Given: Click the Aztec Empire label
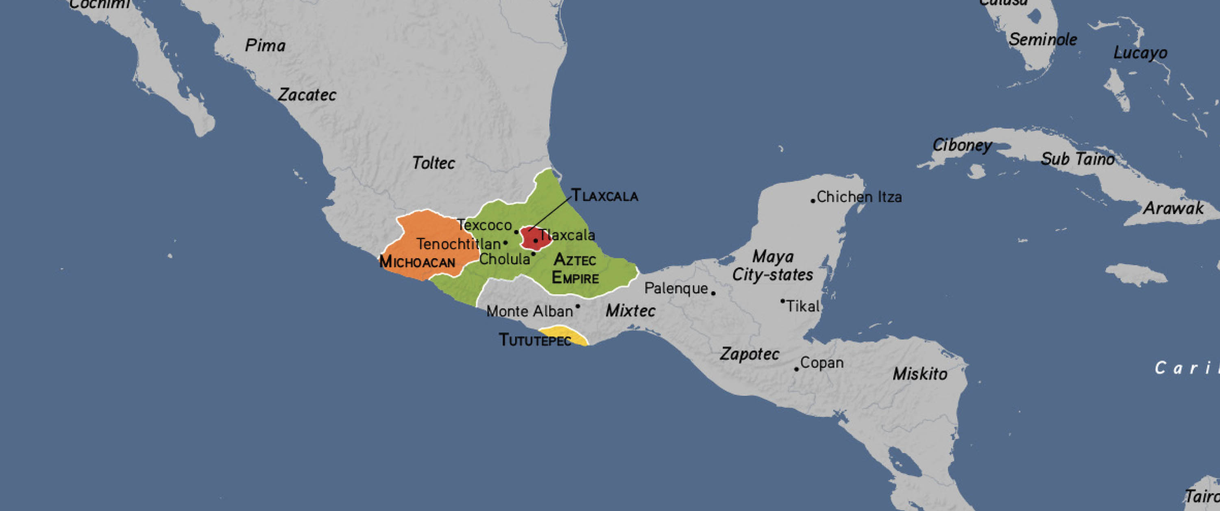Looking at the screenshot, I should [575, 268].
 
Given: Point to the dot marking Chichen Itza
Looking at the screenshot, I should [813, 201].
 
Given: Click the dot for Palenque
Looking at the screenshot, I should [714, 293].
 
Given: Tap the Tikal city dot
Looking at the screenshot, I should [782, 301].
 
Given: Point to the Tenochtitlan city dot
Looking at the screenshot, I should [505, 243].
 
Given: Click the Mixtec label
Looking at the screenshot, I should [630, 311].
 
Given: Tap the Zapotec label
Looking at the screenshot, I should [749, 354].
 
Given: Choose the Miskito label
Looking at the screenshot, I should [920, 374].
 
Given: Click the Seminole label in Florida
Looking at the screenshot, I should [1042, 39].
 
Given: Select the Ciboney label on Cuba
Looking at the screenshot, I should [962, 145].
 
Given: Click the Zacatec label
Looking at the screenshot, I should [307, 95].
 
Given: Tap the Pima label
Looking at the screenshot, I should [265, 45].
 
